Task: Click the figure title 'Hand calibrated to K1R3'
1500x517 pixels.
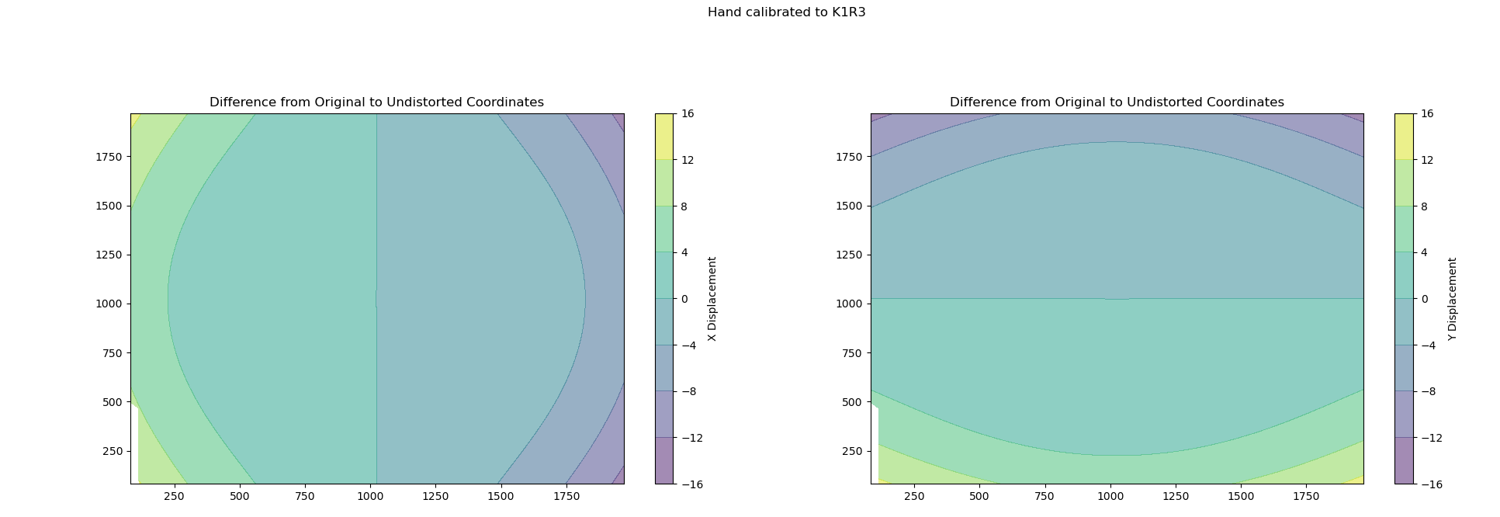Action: [786, 12]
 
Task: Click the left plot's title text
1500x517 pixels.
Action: [376, 102]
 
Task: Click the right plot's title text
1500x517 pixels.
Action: [1117, 102]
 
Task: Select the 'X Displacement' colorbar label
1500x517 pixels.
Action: [712, 299]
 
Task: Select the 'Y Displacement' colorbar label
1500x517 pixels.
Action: [1452, 299]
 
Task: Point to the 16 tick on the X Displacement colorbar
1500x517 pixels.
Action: [688, 114]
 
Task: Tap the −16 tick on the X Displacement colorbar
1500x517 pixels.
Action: [691, 484]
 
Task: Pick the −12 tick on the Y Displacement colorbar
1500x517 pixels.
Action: [1431, 438]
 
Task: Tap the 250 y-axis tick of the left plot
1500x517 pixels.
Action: [113, 451]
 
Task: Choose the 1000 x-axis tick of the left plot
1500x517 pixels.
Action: [369, 495]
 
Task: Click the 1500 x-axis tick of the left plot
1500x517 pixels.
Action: [501, 495]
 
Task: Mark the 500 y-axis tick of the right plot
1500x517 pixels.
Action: [852, 402]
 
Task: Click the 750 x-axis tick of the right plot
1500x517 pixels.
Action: [1044, 495]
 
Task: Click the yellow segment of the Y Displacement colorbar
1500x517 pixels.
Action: [1404, 137]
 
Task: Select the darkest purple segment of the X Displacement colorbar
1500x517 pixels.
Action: [664, 460]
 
